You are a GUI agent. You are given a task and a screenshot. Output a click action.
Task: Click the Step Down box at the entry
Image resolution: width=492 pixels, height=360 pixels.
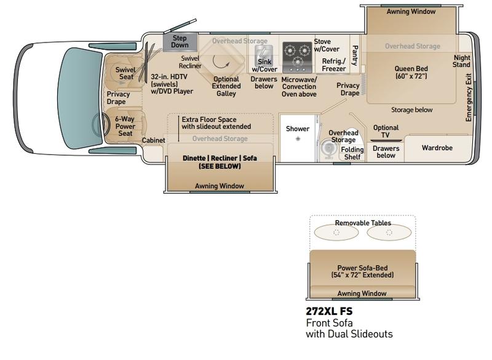(180, 42)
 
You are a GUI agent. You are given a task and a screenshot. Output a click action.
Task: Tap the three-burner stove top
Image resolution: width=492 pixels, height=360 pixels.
(297, 57)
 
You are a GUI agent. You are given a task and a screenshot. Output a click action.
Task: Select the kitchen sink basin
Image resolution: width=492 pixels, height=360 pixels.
(264, 54)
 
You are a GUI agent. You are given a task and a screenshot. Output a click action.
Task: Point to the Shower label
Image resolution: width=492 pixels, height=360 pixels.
(298, 129)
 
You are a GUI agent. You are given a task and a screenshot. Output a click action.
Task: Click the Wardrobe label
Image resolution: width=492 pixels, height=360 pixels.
(437, 148)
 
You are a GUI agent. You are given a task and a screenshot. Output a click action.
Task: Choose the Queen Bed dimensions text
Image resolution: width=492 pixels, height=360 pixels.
(411, 76)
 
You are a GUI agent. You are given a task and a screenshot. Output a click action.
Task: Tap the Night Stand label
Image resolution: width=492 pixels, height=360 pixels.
(462, 61)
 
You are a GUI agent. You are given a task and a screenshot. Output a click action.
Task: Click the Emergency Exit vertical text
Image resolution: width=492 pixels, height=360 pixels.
(469, 98)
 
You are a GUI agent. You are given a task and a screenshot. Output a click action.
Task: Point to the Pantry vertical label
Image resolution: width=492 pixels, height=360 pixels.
(355, 55)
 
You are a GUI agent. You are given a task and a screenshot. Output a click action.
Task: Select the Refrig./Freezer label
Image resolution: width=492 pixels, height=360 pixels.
(334, 65)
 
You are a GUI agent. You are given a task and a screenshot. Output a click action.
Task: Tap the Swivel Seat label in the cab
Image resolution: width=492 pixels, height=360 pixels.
(126, 73)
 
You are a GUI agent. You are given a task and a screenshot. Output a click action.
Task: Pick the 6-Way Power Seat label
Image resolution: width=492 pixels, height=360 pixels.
(125, 126)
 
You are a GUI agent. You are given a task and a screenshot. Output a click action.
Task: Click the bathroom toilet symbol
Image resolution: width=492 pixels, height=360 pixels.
(328, 148)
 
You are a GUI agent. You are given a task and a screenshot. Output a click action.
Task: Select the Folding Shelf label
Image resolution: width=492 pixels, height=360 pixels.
(352, 153)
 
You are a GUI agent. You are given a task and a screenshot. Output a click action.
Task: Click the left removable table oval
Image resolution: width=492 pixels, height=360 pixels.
(336, 233)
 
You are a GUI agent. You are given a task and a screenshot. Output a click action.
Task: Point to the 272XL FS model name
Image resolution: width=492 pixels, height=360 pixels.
(329, 311)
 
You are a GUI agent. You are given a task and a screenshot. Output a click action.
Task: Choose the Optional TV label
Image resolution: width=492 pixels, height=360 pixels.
(386, 131)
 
